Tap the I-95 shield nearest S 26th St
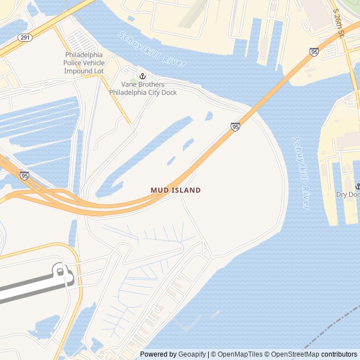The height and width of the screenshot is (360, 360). [314, 52]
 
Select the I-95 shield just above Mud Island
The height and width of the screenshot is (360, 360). [235, 127]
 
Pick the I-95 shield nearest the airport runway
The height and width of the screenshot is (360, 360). [24, 175]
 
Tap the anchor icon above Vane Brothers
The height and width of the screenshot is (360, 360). [142, 76]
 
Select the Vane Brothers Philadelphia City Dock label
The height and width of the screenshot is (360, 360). [143, 88]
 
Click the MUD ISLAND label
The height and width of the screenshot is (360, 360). [175, 190]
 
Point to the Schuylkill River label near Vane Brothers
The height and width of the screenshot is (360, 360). [152, 49]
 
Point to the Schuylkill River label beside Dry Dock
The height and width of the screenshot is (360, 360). [301, 173]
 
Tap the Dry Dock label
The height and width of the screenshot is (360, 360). [348, 195]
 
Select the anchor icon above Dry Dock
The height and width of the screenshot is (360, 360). [357, 186]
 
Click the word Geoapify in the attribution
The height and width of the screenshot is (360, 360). [192, 354]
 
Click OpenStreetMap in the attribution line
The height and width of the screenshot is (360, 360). [294, 354]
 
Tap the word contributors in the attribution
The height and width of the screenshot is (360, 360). [339, 354]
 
